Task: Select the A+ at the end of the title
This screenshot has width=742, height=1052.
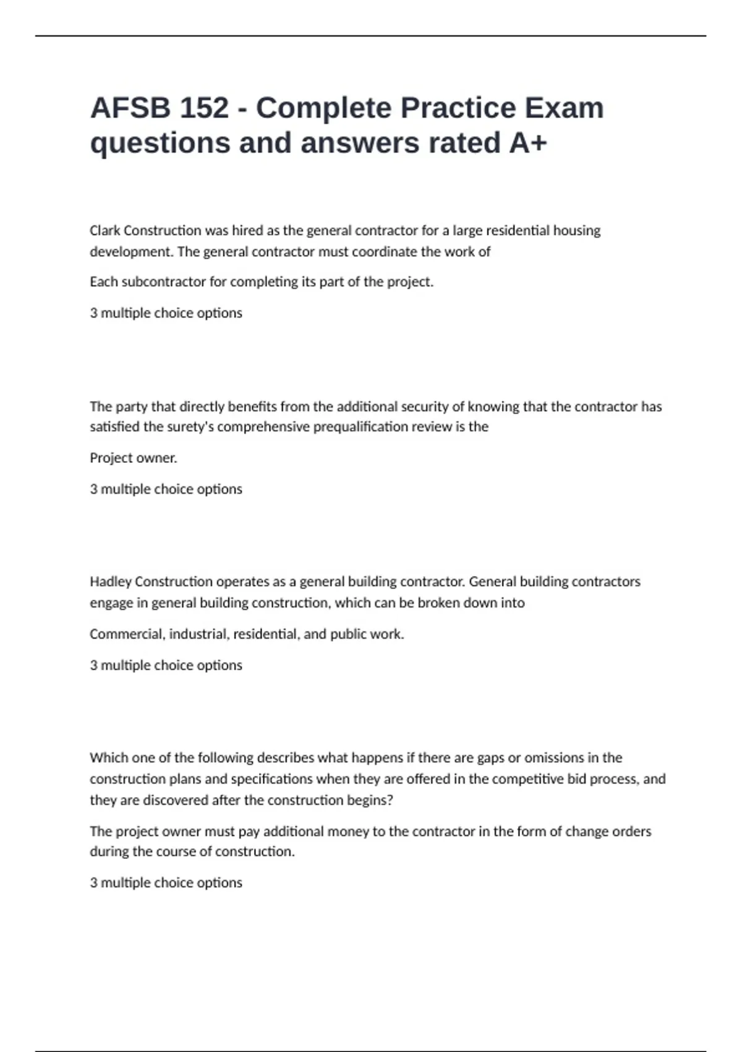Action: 528,143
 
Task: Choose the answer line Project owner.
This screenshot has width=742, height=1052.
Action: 133,458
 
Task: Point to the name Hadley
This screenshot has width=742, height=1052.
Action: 110,582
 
